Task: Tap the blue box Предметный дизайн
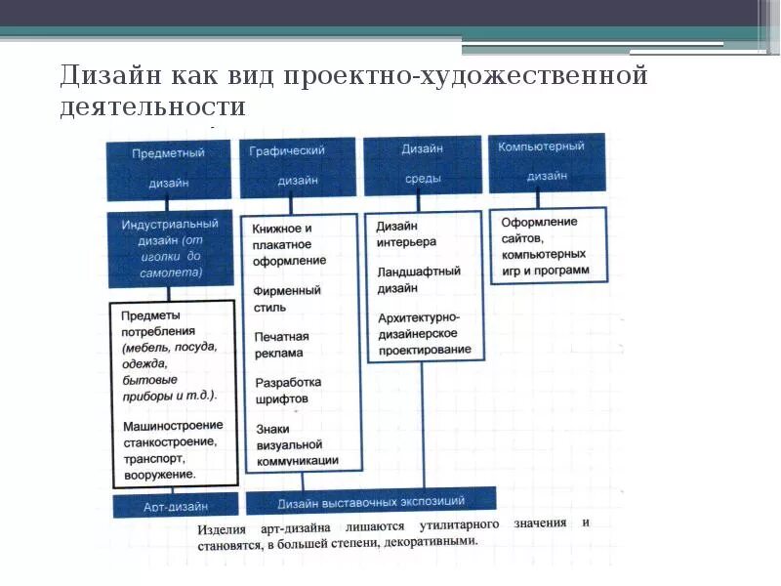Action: pos(168,166)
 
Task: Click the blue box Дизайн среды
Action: pos(422,163)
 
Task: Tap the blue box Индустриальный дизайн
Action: pos(168,248)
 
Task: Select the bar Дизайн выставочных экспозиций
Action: pos(370,501)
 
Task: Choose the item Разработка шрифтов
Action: pos(286,390)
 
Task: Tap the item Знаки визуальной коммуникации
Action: pos(296,444)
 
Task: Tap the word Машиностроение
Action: pos(173,425)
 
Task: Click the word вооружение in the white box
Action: pos(160,474)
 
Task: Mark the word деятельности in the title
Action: pos(151,105)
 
